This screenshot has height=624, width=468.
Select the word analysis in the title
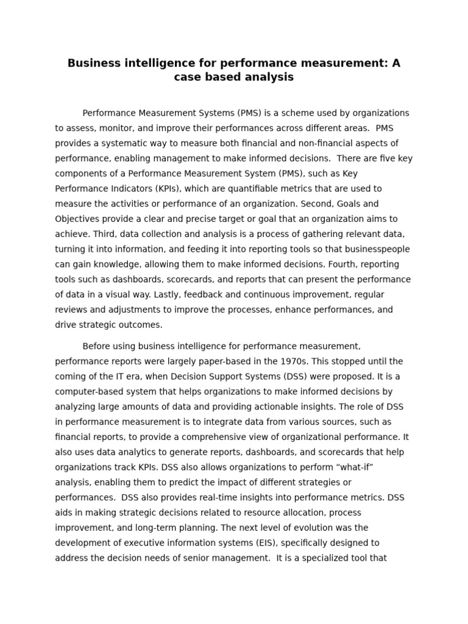265,77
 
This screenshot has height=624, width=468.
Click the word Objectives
79,219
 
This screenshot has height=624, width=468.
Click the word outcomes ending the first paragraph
141,325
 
